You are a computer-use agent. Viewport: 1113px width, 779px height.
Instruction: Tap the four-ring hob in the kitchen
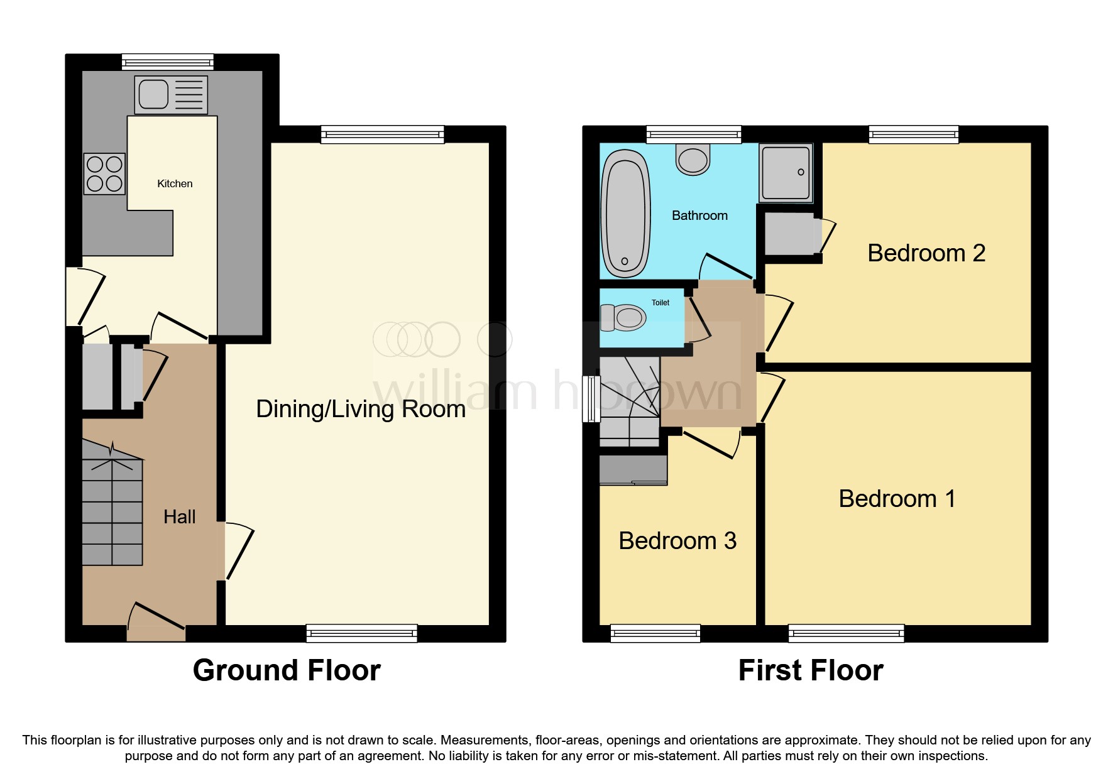[104, 174]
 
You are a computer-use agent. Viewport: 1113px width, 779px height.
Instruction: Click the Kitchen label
[175, 183]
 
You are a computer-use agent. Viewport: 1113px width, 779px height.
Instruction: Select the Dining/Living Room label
[361, 409]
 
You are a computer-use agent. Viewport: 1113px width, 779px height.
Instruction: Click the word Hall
[179, 517]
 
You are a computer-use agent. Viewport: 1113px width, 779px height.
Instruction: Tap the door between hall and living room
[239, 551]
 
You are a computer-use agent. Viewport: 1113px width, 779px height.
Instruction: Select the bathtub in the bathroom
[625, 214]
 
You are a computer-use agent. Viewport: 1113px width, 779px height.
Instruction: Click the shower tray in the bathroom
[786, 173]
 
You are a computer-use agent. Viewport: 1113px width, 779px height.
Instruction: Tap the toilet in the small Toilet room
[623, 318]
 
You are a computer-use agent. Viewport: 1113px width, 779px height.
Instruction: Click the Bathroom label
[699, 215]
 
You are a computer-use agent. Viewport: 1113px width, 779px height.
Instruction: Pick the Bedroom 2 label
[926, 253]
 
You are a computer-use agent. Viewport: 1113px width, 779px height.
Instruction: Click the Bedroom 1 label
[897, 499]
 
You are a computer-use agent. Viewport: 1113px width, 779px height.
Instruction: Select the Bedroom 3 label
[677, 541]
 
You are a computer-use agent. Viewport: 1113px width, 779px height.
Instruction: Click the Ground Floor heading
[287, 670]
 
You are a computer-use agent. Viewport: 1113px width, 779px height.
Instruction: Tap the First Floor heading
[810, 670]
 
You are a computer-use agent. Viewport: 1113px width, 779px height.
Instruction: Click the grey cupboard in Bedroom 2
[790, 234]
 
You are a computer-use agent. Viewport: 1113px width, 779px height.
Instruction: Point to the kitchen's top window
[168, 62]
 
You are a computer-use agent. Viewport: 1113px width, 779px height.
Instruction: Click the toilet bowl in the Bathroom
[693, 160]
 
